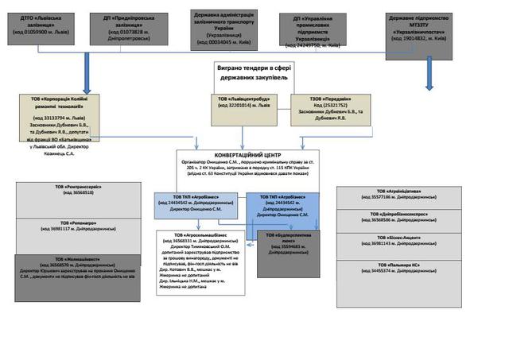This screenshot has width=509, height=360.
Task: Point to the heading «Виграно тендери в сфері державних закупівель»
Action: (x=251, y=74)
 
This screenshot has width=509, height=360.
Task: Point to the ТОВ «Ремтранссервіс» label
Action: (x=68, y=189)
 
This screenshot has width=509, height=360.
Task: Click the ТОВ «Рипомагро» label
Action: (x=68, y=224)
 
